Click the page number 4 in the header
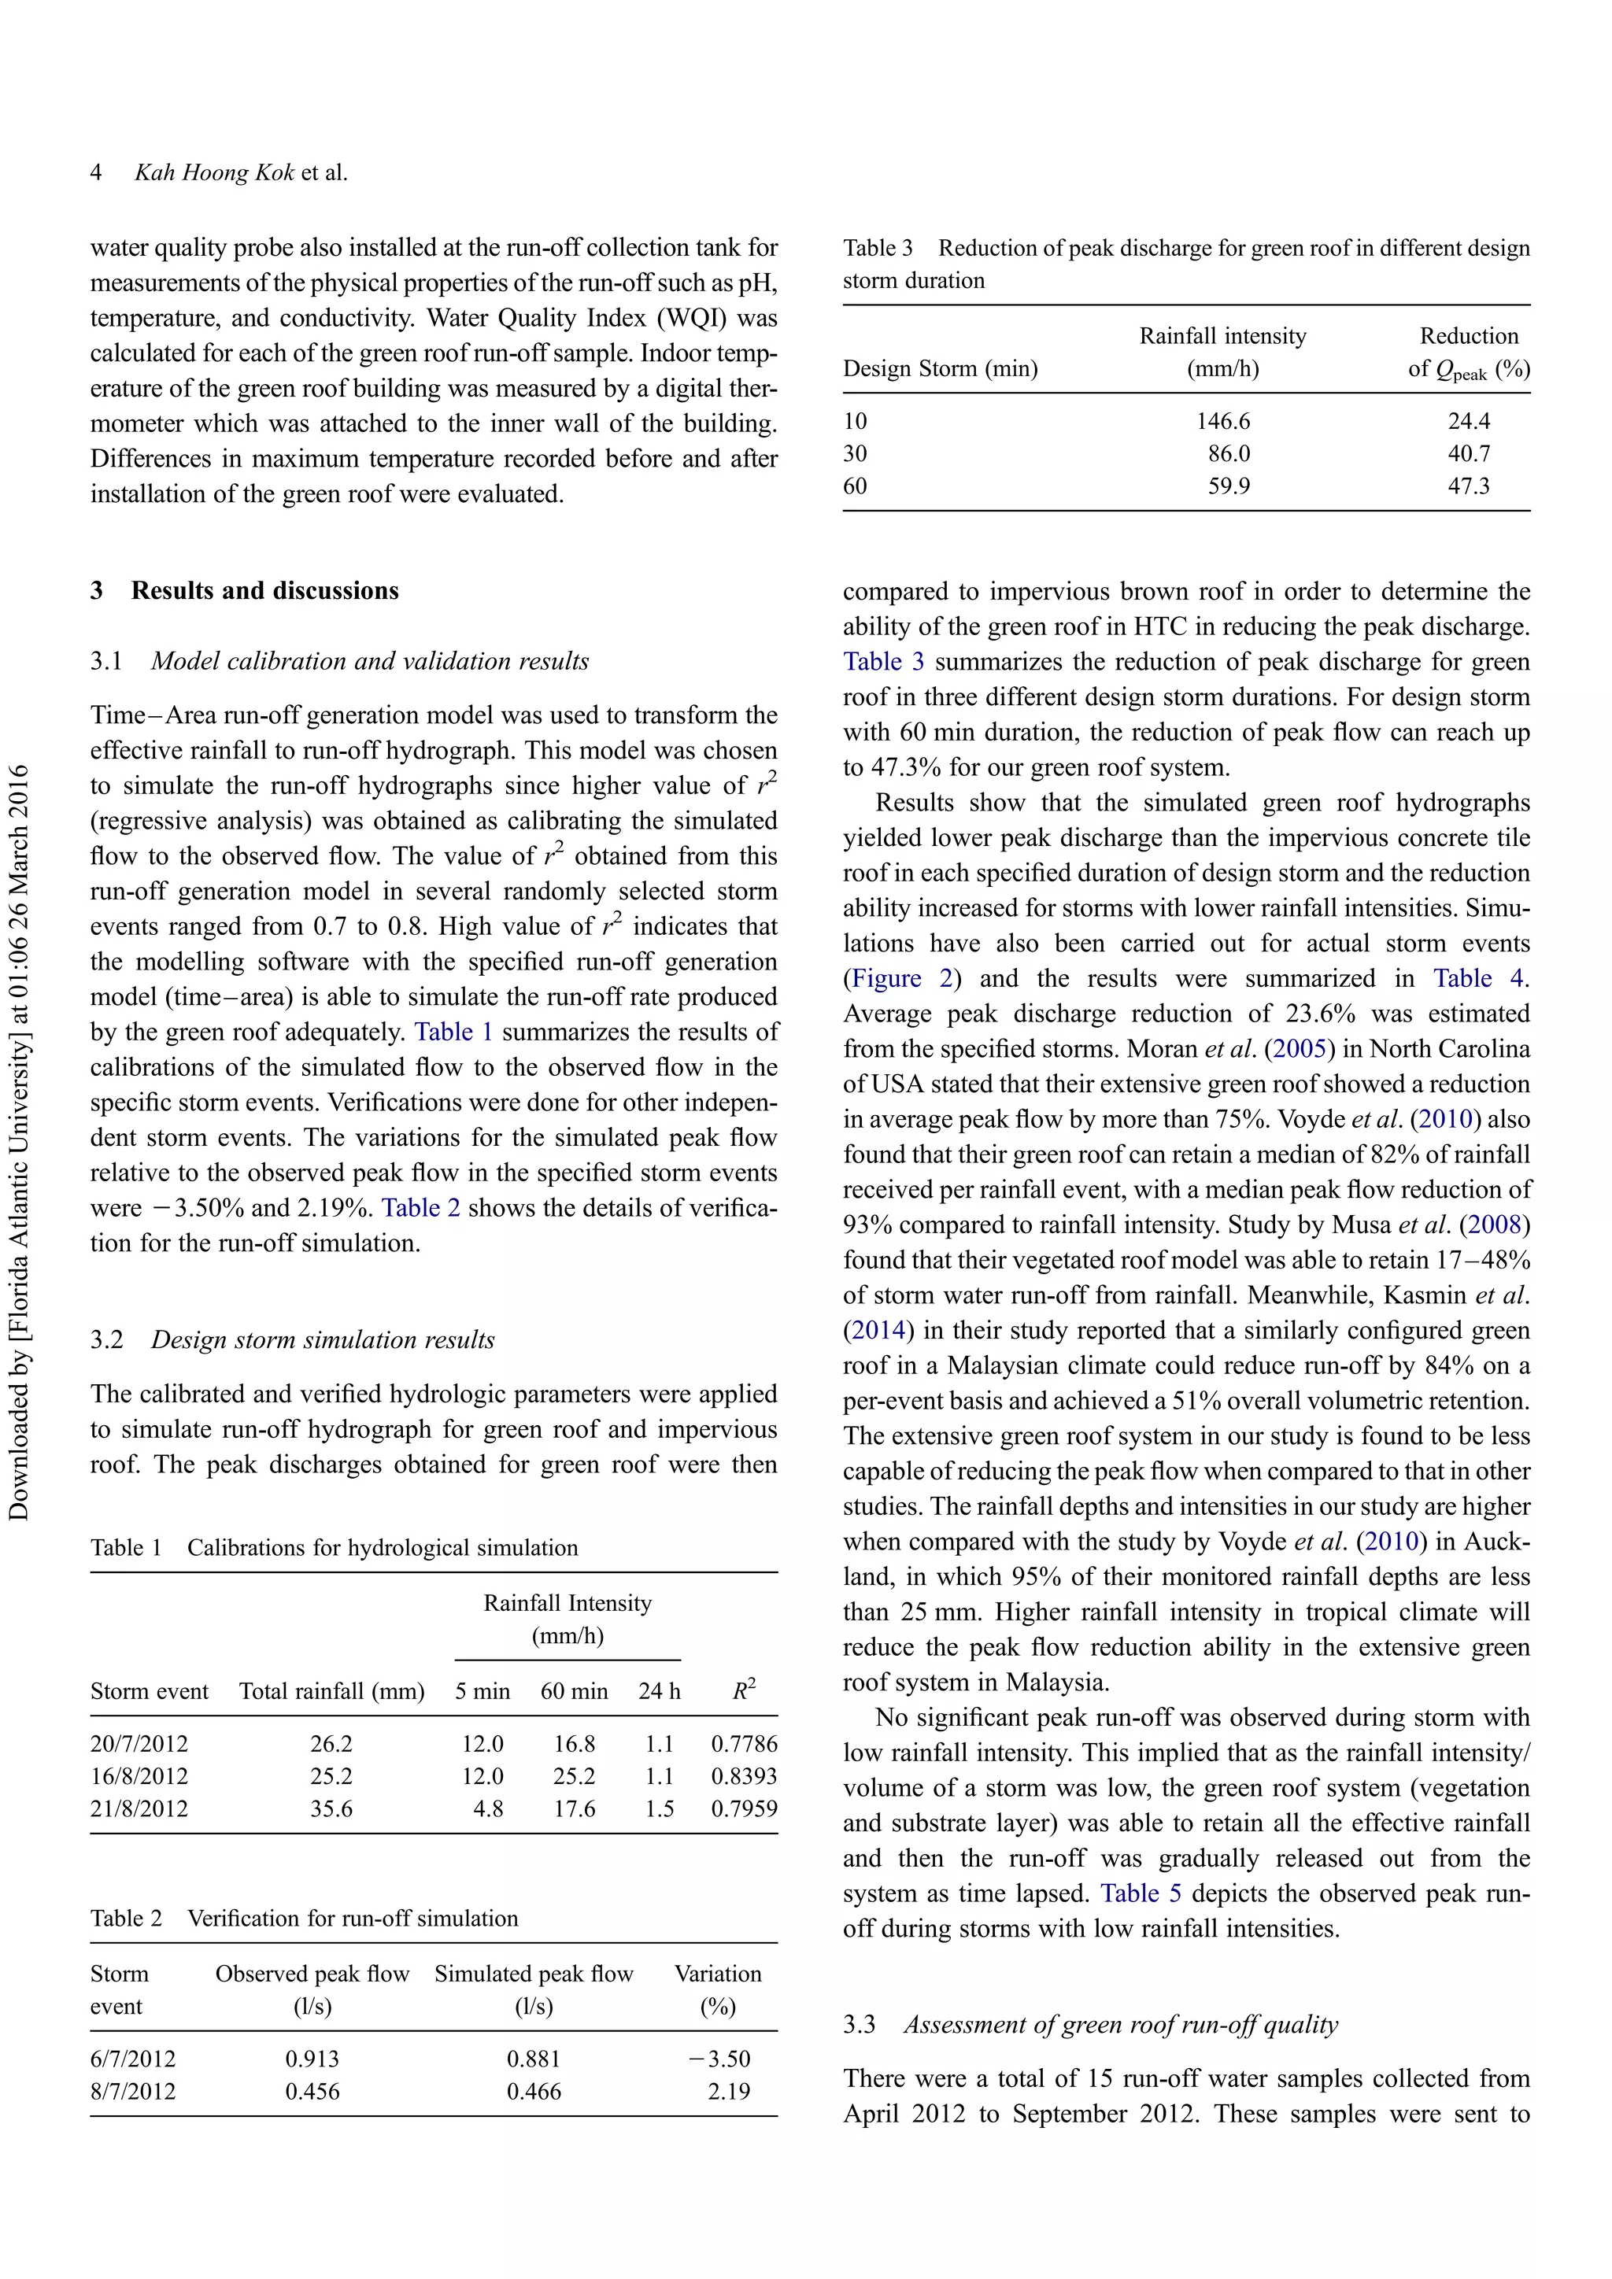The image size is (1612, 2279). click(x=96, y=172)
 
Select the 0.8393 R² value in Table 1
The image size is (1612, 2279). click(x=744, y=1776)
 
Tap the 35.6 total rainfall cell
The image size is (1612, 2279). click(x=331, y=1808)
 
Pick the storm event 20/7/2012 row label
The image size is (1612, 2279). click(x=139, y=1744)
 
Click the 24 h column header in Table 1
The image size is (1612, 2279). click(x=659, y=1691)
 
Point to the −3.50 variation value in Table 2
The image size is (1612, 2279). click(x=719, y=2059)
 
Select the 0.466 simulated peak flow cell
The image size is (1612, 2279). click(x=533, y=2092)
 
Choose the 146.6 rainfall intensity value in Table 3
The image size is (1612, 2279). click(x=1223, y=421)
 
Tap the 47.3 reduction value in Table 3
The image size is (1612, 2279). click(x=1468, y=486)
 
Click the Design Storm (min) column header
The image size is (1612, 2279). click(x=940, y=368)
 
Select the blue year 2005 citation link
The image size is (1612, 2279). click(x=1300, y=1048)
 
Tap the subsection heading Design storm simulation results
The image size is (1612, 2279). click(x=322, y=1340)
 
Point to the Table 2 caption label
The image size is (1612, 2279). click(x=125, y=1918)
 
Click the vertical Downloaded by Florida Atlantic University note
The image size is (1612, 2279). click(x=19, y=1142)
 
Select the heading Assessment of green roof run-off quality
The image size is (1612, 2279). click(x=1120, y=2025)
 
